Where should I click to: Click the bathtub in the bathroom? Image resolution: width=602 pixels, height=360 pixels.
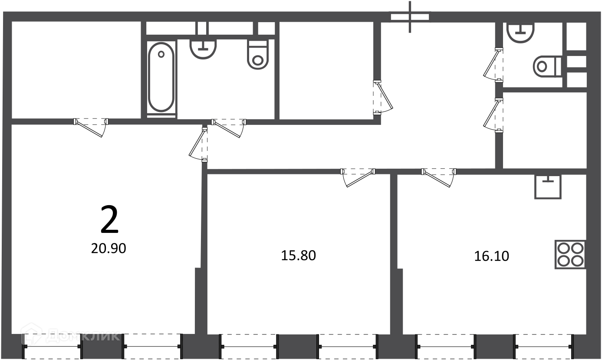(x=161, y=77)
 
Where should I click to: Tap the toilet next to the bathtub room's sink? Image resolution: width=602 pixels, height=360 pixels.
(x=258, y=55)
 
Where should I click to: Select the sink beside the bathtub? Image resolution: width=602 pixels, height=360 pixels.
(x=203, y=49)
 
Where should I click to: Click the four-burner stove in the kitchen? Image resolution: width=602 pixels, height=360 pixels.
(x=570, y=255)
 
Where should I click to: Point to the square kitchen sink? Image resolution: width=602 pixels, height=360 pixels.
(x=548, y=187)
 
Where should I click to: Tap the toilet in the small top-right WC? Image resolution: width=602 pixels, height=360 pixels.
(x=547, y=66)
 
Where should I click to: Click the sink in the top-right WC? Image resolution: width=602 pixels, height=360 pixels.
(x=520, y=33)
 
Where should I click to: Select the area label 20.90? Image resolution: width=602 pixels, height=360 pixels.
(x=109, y=249)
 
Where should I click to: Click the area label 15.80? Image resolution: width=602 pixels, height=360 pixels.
(x=298, y=255)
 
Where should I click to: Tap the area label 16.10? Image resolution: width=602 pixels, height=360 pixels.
(x=492, y=256)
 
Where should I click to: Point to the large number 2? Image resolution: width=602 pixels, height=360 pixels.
(x=109, y=219)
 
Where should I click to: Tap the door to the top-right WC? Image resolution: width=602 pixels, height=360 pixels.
(x=493, y=65)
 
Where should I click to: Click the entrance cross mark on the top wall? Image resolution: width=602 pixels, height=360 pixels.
(x=410, y=16)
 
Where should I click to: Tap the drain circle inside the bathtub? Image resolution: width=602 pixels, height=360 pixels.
(x=161, y=54)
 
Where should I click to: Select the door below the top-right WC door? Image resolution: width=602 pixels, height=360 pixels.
(x=493, y=115)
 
